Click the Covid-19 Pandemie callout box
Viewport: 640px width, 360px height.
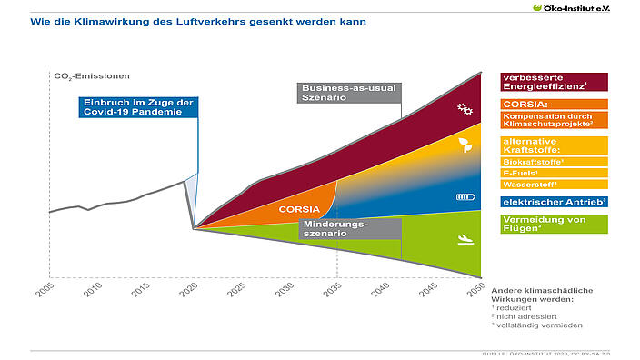136,107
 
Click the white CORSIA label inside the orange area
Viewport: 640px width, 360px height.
298,209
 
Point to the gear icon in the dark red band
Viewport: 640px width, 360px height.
465,110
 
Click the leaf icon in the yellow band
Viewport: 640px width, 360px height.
465,145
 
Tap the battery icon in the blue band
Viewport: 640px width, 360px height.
465,196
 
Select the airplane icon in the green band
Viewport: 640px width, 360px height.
465,241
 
